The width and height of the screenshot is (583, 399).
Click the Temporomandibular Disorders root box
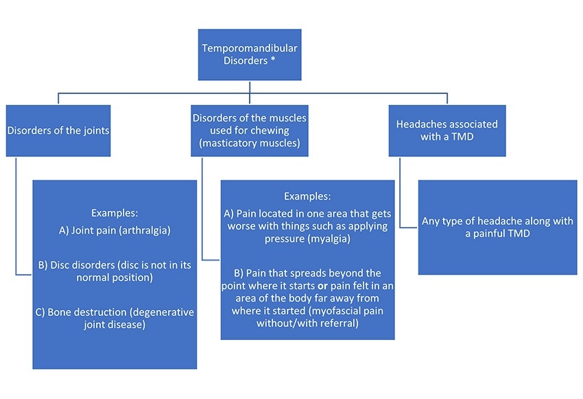(x=250, y=54)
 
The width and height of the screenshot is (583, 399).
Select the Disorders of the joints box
(x=58, y=131)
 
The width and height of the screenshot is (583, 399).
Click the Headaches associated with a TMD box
(x=447, y=130)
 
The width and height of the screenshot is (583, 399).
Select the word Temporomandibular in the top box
(x=250, y=48)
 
